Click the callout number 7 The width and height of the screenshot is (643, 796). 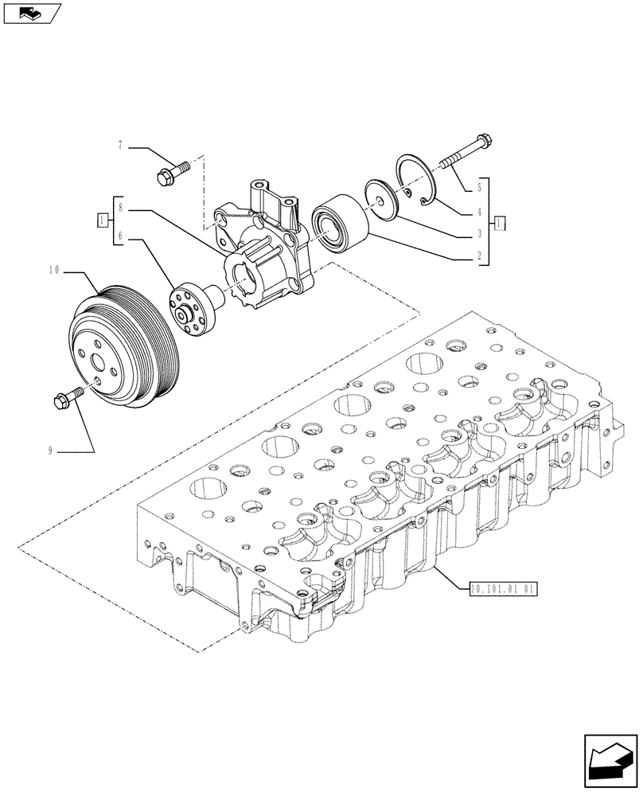tap(120, 146)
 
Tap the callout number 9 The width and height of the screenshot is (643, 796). tap(50, 450)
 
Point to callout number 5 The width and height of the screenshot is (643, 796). tap(479, 189)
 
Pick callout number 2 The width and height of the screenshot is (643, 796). tap(479, 257)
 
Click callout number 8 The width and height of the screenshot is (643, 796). tap(120, 207)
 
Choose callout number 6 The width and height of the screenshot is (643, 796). tap(120, 235)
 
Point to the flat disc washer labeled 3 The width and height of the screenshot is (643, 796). tap(380, 200)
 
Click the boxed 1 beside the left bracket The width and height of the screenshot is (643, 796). tap(102, 220)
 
